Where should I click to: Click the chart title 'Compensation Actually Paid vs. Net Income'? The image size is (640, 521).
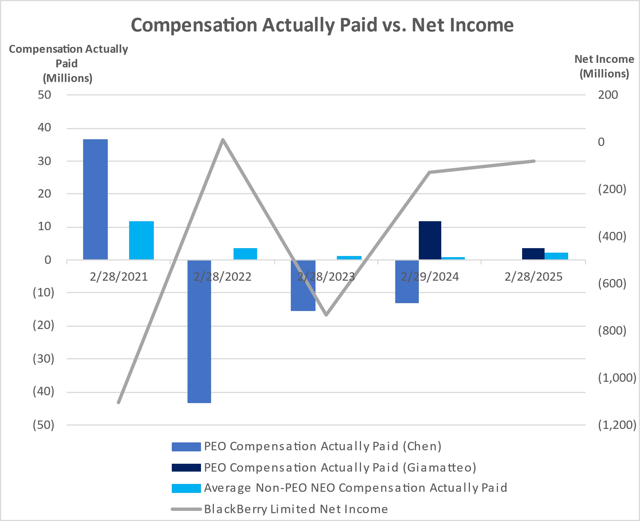(322, 25)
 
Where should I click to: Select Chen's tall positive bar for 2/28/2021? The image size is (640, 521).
(95, 199)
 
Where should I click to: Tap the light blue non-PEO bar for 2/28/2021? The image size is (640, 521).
(141, 240)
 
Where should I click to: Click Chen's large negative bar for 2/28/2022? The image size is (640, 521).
(199, 331)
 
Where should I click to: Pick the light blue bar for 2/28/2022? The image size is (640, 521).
(245, 253)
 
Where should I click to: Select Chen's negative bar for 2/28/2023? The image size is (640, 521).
(303, 285)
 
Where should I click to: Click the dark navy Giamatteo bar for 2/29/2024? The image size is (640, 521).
(430, 240)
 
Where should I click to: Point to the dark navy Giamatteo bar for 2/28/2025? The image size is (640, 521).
(533, 253)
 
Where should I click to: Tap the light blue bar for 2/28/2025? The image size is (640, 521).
(556, 256)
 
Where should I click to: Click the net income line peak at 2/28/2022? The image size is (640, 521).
(223, 140)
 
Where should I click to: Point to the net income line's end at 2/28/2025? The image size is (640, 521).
(534, 161)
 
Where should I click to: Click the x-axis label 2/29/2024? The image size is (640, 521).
(430, 277)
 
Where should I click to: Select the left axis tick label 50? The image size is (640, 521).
(44, 95)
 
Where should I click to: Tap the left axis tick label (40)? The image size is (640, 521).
(44, 391)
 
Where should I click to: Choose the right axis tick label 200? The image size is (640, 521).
(608, 95)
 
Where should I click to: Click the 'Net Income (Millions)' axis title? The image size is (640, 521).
(604, 66)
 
